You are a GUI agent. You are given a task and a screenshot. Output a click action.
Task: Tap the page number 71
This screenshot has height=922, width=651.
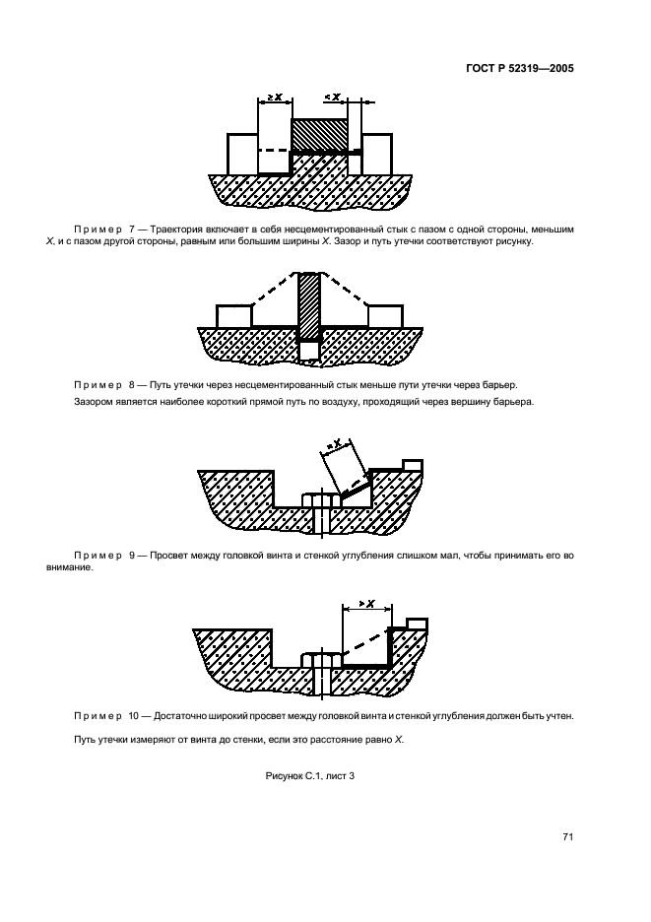[567, 837]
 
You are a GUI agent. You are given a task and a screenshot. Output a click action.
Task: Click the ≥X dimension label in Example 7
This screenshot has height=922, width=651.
[275, 98]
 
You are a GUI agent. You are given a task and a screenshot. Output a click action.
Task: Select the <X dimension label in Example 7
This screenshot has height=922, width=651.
[333, 98]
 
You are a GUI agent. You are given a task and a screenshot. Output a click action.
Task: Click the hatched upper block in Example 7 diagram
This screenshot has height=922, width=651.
[321, 134]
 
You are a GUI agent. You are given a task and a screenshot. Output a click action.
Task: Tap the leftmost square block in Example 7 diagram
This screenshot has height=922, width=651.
[242, 153]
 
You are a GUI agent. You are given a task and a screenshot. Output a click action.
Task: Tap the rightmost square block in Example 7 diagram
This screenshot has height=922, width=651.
[379, 153]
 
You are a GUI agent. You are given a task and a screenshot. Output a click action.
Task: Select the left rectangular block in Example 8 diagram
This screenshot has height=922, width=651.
[233, 315]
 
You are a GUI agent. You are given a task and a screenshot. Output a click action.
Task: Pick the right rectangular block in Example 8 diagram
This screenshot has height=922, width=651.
[385, 315]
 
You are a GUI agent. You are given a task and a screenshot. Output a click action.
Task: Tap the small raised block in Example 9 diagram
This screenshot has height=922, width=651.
[413, 464]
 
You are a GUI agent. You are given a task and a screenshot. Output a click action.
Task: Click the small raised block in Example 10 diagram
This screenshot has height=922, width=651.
[416, 623]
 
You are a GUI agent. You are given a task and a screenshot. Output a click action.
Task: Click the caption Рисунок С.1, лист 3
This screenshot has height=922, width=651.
[310, 776]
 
